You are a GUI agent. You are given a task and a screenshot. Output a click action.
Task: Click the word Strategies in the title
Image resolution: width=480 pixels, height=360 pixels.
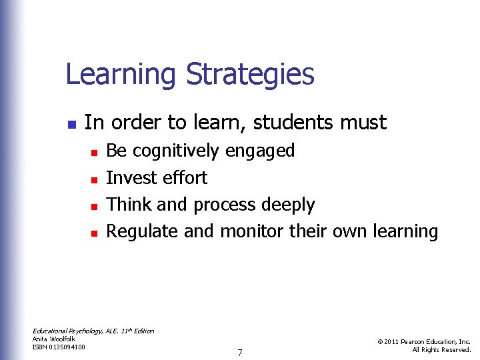250,75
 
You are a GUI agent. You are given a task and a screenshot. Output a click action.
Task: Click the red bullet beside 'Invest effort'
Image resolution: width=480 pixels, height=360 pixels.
94,179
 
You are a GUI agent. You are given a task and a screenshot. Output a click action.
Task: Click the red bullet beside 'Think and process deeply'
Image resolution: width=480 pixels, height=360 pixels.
94,206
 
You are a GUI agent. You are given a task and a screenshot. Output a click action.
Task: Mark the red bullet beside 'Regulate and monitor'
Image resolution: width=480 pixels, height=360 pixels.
94,233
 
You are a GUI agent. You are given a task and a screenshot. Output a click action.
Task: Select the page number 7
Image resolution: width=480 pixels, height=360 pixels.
239,352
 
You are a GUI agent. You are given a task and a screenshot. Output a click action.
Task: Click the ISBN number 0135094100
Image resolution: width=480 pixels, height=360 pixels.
68,347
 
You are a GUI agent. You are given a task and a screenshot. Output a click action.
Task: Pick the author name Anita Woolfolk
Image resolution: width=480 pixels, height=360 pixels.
54,339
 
